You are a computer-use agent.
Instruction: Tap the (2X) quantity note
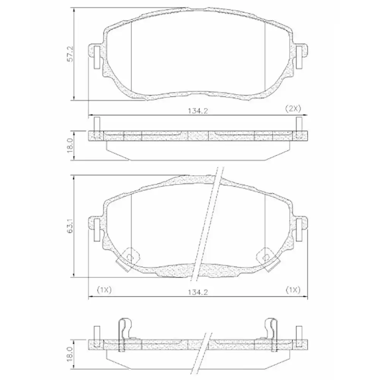293,108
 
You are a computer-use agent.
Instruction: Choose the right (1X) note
293,290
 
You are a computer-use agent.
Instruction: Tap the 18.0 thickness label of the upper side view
69,146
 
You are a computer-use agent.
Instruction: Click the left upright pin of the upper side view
97,124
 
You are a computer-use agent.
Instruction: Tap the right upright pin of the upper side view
299,124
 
